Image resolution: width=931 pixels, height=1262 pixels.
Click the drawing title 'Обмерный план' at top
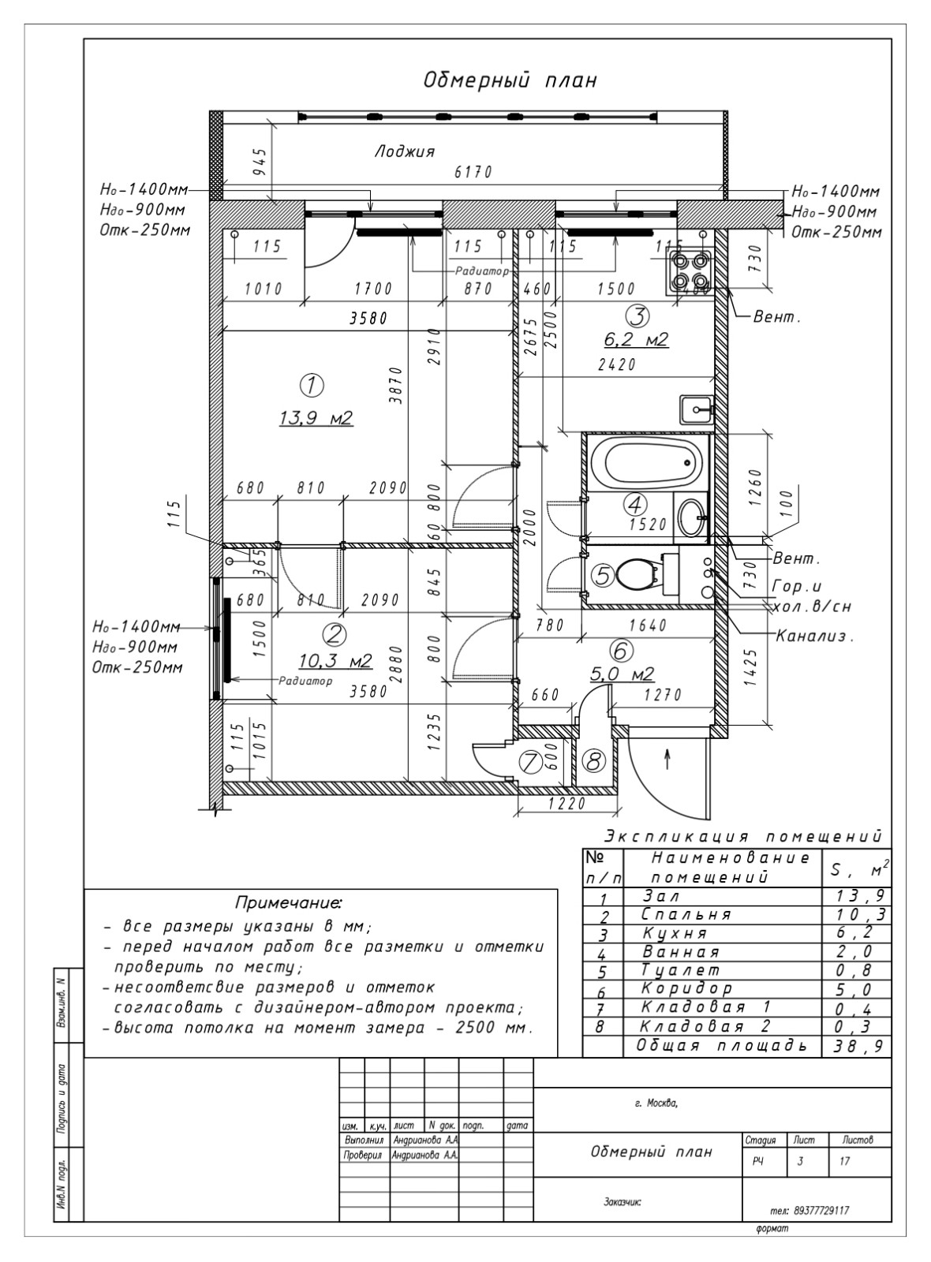[510, 80]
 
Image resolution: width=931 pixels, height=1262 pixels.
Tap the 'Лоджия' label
[404, 151]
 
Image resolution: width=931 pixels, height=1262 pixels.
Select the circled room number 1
[312, 386]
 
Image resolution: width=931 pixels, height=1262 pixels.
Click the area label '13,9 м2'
[316, 418]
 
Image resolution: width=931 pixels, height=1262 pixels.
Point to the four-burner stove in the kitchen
[689, 270]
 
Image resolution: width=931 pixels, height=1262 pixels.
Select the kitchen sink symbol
[696, 409]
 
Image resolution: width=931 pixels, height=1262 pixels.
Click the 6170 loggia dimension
[473, 172]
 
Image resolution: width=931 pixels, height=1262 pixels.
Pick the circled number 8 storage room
[593, 762]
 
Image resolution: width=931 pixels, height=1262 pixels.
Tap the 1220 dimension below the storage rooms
[566, 805]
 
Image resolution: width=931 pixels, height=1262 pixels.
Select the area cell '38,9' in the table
[857, 1046]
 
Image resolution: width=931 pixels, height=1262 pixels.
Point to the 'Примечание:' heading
[289, 902]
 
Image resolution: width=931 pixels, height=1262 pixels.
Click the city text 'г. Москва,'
[656, 1103]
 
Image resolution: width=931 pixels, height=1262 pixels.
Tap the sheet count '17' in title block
[845, 1161]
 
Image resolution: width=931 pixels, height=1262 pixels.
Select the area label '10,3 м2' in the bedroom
[335, 659]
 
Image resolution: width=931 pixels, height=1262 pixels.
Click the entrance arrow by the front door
[667, 759]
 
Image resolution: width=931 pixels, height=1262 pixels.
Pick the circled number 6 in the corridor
[621, 651]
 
